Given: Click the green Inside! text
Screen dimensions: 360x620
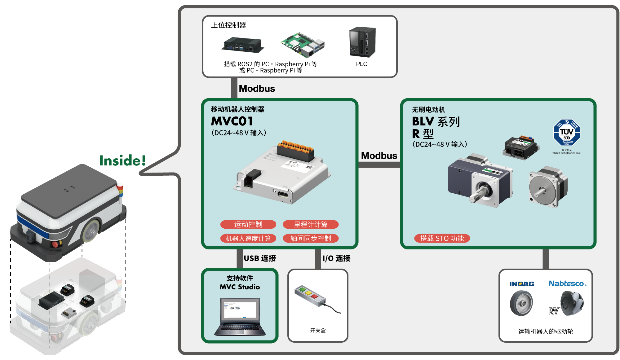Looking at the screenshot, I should click(x=122, y=160).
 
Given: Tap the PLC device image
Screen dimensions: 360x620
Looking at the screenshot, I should click(x=362, y=42).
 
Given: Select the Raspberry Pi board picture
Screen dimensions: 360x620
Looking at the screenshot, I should click(x=303, y=45).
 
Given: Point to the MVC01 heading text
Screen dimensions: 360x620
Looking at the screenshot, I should click(x=232, y=121).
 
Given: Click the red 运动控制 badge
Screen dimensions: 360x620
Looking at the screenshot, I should click(x=248, y=224).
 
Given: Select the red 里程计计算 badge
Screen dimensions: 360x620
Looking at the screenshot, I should click(x=311, y=224).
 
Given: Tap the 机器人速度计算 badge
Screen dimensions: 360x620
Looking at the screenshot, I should click(x=248, y=238).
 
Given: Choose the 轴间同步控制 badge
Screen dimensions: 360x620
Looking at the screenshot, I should click(x=311, y=238).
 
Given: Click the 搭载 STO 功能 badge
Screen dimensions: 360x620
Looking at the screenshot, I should click(x=442, y=238).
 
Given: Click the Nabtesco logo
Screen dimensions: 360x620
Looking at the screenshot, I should click(x=567, y=283).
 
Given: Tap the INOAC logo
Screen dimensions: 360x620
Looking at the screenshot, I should click(x=521, y=284).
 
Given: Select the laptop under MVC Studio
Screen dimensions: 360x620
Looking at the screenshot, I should click(x=240, y=317).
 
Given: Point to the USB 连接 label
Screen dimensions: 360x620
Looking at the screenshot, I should click(x=260, y=258).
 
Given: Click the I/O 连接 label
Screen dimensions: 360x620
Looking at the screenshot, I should click(x=336, y=258).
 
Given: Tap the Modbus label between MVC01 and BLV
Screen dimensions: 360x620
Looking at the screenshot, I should click(x=379, y=156).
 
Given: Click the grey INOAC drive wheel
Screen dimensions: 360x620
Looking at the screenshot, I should click(x=521, y=304).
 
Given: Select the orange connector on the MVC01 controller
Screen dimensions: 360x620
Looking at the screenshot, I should click(x=296, y=147).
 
